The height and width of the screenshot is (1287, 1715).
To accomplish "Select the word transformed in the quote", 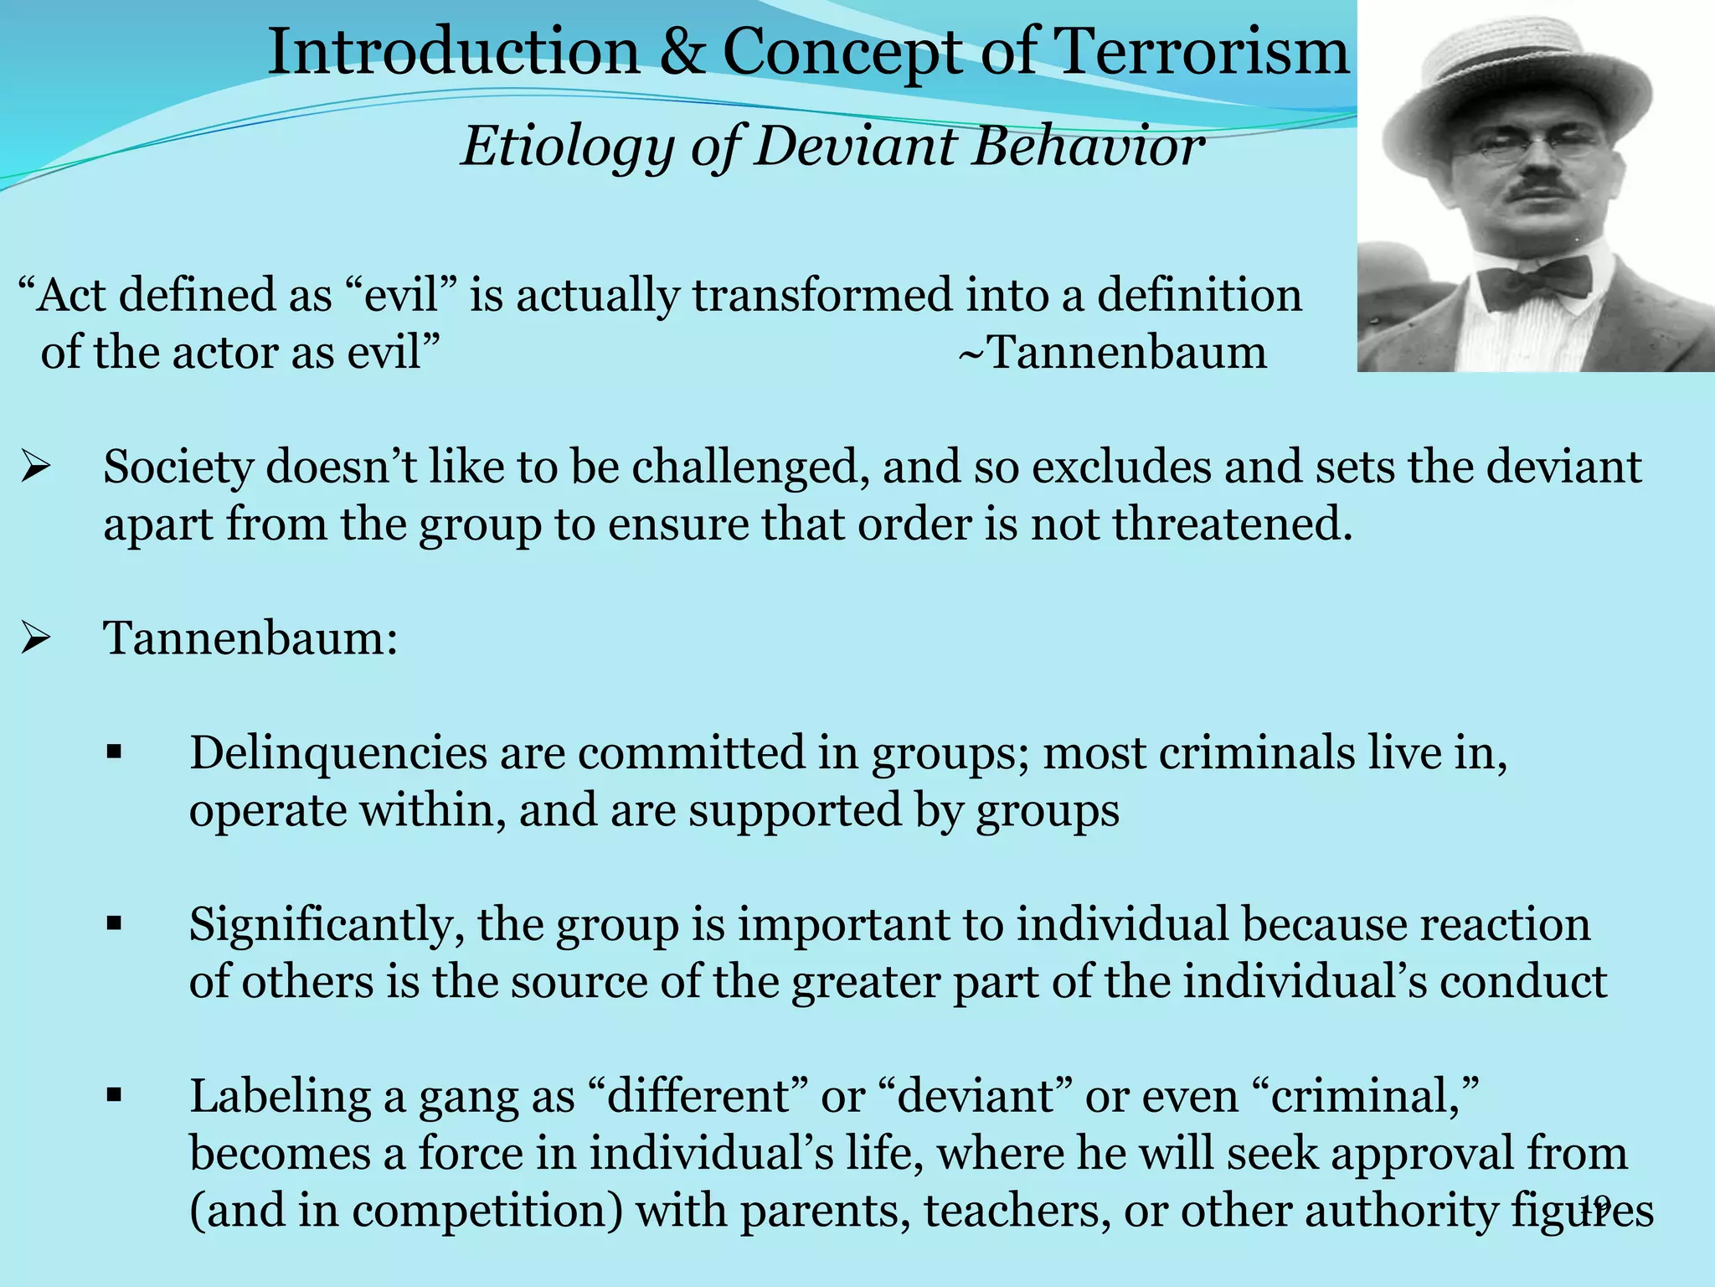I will pos(821,296).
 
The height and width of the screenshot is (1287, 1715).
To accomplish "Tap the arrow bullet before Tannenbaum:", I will pos(37,640).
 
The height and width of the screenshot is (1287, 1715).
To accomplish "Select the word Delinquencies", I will pos(338,753).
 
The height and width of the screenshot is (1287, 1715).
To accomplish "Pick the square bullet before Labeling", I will pos(115,1096).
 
